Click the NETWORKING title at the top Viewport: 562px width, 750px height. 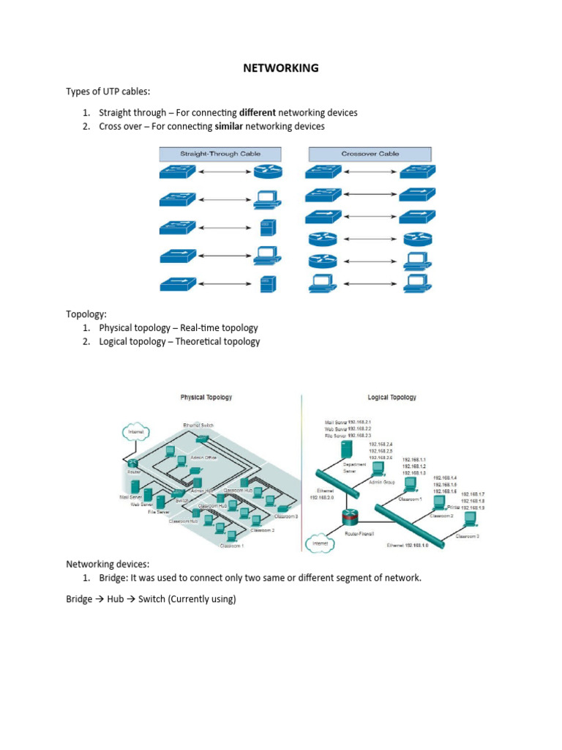click(x=281, y=68)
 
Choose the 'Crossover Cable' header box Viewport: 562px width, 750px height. click(x=370, y=154)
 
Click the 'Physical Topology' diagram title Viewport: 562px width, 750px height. click(x=206, y=397)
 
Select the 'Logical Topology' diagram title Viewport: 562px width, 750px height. click(x=392, y=397)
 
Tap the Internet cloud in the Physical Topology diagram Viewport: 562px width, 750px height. click(x=136, y=432)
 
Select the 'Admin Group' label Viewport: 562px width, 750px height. click(x=381, y=482)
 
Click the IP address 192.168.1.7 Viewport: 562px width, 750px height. click(x=472, y=494)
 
